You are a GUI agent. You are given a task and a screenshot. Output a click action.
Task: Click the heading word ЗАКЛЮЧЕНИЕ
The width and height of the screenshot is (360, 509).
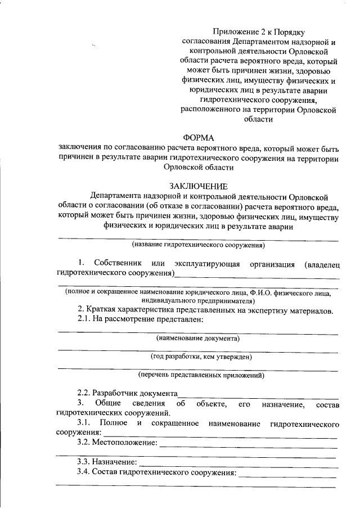(x=199, y=187)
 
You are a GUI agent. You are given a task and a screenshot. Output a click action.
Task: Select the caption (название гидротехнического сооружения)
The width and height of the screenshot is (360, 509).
(x=198, y=246)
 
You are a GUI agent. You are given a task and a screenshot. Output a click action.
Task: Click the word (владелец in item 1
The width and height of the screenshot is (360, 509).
(x=321, y=264)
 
